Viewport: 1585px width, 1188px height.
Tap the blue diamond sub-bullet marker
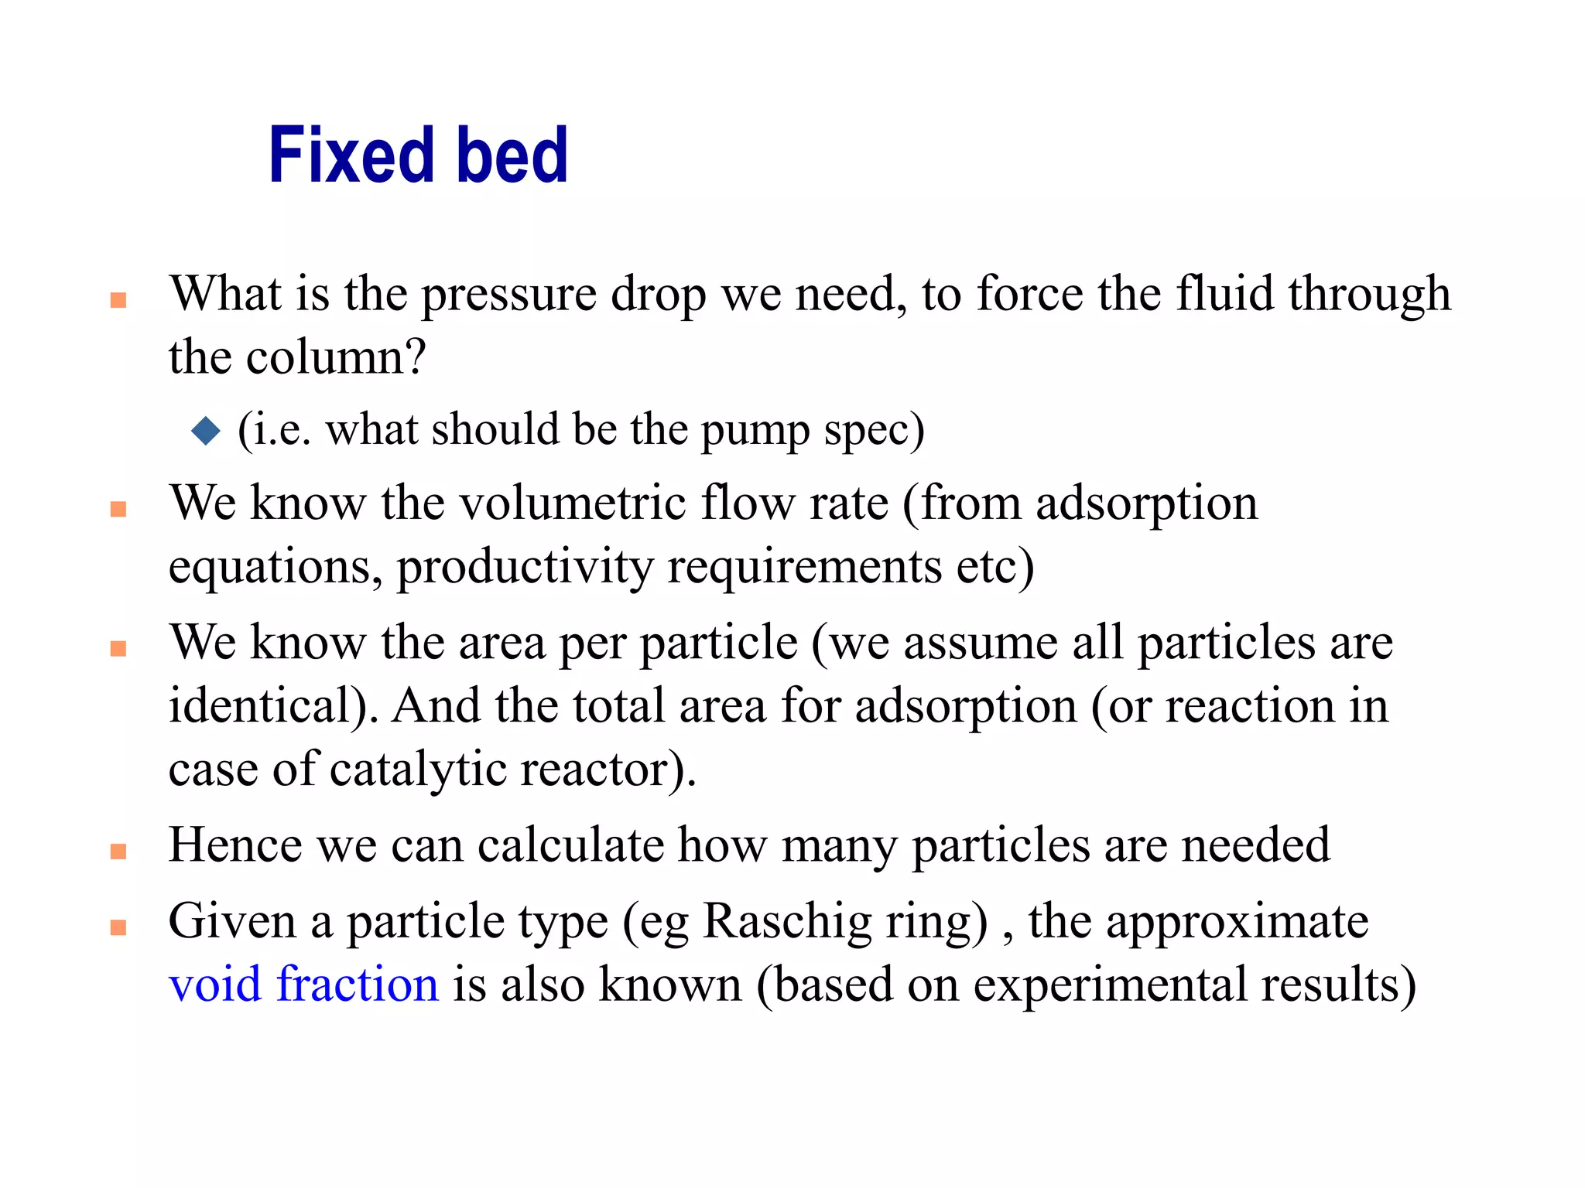[x=206, y=430]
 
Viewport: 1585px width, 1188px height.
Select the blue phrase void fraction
[x=303, y=985]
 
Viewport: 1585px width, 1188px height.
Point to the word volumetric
[x=573, y=503]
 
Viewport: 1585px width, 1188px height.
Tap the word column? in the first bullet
[x=336, y=357]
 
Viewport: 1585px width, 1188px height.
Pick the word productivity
[x=525, y=566]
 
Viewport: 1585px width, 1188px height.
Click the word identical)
[x=273, y=705]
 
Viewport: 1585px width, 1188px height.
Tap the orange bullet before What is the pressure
[x=118, y=300]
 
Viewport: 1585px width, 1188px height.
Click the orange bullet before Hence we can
[x=118, y=852]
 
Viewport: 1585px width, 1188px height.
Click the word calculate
[x=570, y=845]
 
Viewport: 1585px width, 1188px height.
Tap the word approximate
[x=1237, y=923]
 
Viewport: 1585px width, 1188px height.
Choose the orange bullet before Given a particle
[x=118, y=927]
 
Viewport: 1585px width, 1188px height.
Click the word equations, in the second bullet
[x=275, y=566]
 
